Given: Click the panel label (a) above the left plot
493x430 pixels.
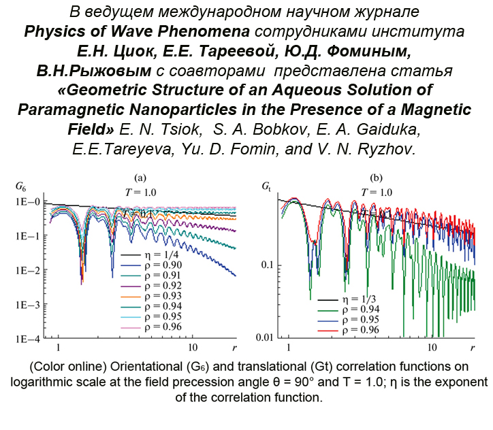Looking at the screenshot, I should click(x=140, y=178).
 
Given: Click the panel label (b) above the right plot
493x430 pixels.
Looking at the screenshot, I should click(x=376, y=178).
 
